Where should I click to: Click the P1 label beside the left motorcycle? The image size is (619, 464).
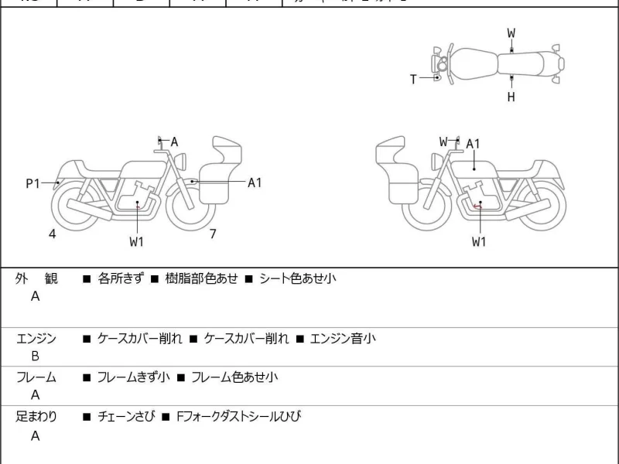coord(32,183)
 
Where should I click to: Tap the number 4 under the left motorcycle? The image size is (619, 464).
coord(53,233)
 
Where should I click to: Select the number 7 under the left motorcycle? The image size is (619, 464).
coord(213,233)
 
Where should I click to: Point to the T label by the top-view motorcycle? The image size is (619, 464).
coord(413,78)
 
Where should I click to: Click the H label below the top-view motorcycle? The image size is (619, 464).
coord(511,97)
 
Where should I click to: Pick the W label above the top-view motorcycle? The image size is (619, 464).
coord(511,33)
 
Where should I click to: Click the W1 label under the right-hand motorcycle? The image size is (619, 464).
coord(480,241)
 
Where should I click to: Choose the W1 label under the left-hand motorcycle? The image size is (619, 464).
coord(137,241)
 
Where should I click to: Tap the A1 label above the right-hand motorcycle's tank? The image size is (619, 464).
coord(473,144)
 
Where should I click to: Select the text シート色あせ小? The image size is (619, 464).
coord(298,278)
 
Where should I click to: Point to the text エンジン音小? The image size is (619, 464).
coord(343,338)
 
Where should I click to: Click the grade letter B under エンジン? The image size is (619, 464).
coord(35,357)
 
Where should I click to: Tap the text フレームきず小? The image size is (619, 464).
coord(133,377)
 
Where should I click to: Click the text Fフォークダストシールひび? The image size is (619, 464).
coord(238,417)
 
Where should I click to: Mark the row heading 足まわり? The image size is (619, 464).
coord(36,417)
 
